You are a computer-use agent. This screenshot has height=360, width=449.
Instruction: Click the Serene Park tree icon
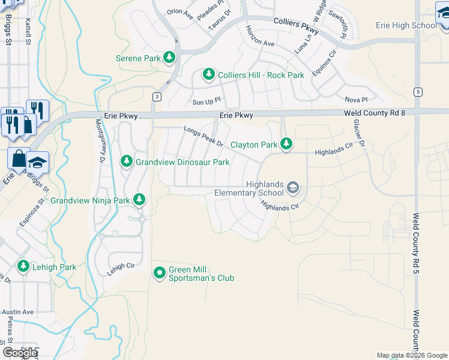click(170, 58)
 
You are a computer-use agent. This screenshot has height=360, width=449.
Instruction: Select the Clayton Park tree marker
click(287, 144)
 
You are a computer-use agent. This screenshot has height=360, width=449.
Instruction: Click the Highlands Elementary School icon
click(292, 188)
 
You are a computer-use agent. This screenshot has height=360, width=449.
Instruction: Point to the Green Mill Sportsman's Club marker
click(160, 273)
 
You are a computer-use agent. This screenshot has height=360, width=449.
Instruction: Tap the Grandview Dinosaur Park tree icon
click(127, 161)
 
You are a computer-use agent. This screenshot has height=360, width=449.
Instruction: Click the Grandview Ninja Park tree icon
click(139, 199)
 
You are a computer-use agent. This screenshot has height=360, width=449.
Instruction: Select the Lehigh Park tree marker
click(23, 266)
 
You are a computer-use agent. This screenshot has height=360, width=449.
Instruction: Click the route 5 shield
click(417, 91)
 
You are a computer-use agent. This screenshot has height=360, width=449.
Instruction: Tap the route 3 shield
click(157, 96)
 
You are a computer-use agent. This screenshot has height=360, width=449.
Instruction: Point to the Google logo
click(20, 353)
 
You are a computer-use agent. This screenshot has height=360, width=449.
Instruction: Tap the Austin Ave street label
click(17, 312)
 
